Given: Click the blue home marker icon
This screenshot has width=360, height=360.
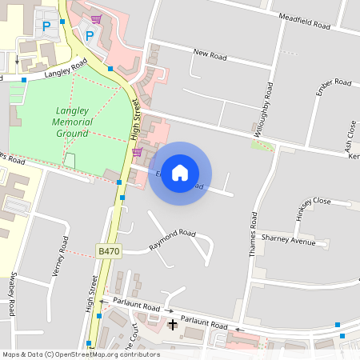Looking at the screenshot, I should (180, 173).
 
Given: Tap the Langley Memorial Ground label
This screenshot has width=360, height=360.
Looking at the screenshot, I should (72, 122).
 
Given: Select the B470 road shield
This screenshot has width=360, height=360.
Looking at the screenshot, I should (109, 251).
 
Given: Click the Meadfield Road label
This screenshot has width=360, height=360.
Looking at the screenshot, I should (305, 21).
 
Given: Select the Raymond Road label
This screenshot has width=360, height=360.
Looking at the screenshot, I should (173, 239).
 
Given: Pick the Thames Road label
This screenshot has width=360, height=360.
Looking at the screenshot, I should (253, 233).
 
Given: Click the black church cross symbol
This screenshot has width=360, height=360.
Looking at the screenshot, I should (173, 324).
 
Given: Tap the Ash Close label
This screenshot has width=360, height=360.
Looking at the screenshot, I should (350, 136).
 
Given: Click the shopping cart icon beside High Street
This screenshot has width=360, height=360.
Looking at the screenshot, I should (137, 152).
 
